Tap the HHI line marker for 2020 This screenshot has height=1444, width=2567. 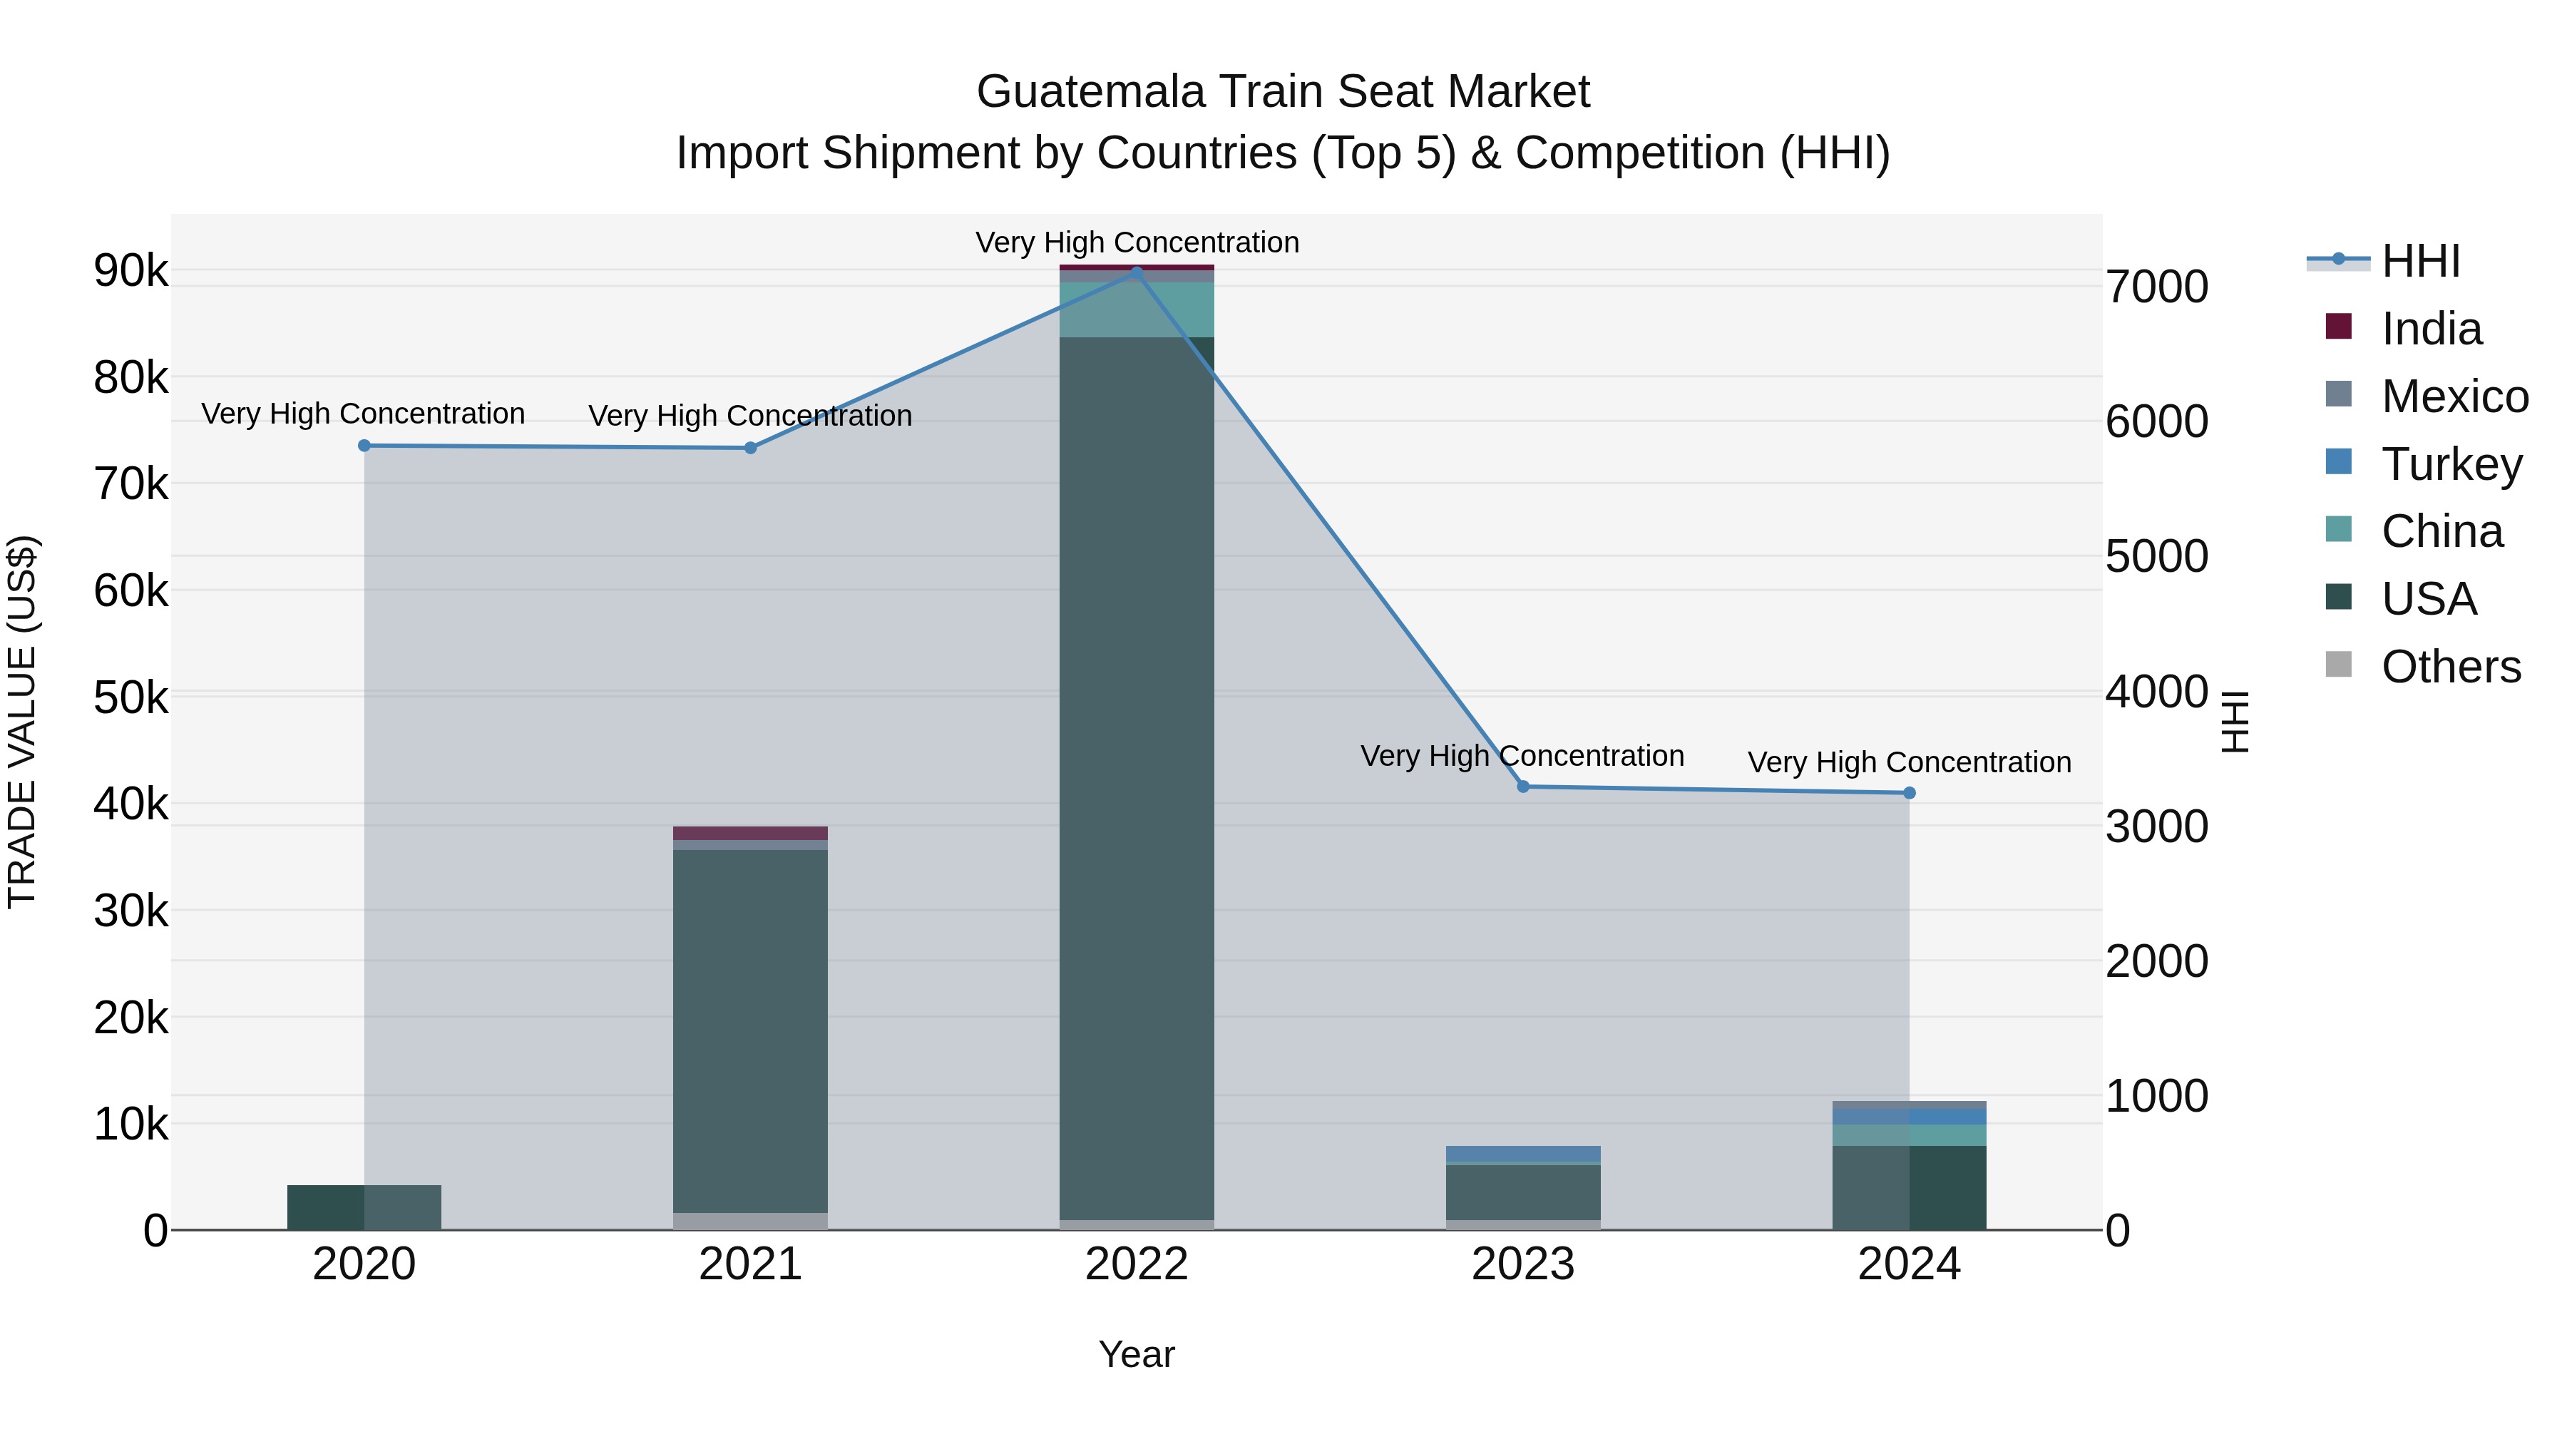(364, 446)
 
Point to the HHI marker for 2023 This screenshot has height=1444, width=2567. (1522, 787)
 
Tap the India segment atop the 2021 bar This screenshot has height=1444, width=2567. (749, 833)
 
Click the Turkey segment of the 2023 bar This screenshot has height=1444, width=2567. (1522, 1153)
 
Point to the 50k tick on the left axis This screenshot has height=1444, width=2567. (130, 697)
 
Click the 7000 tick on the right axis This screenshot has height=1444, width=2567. (2156, 287)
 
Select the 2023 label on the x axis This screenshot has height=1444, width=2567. (1522, 1264)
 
